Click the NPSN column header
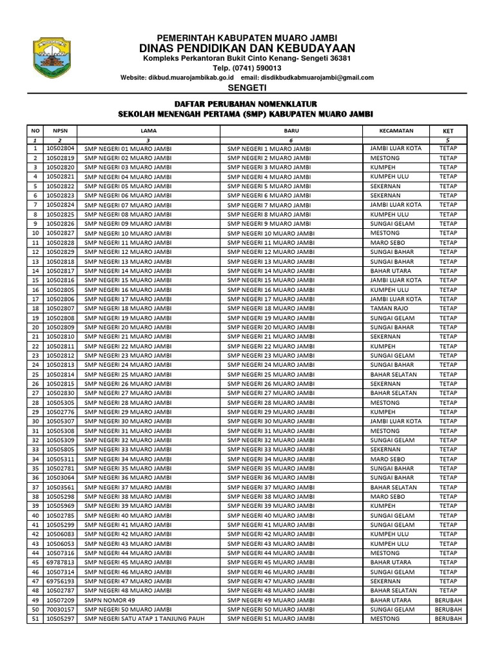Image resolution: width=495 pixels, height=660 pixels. (x=60, y=130)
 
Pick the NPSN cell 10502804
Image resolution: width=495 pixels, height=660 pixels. (x=61, y=148)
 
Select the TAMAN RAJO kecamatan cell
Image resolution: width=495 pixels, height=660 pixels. (x=389, y=308)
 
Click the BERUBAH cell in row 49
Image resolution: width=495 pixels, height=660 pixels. (x=448, y=600)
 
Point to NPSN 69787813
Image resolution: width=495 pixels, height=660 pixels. (x=61, y=562)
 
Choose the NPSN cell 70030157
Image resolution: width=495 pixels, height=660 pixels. (x=61, y=609)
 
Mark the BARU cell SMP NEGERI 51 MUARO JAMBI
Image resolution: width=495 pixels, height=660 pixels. (x=271, y=619)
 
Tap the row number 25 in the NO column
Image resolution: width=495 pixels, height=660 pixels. (x=35, y=374)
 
